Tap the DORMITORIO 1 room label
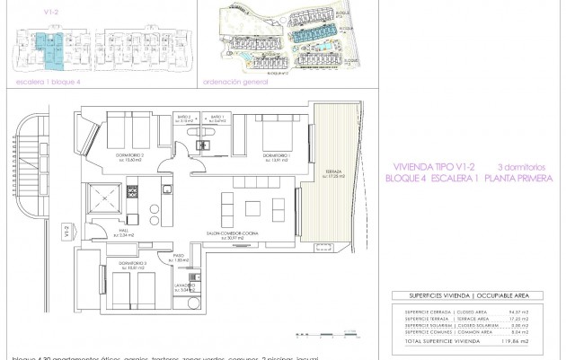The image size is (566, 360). click(x=277, y=158)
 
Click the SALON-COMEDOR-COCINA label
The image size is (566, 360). click(x=226, y=233)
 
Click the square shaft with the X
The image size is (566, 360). click(x=102, y=198)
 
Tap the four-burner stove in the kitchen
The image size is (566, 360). click(x=132, y=190)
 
